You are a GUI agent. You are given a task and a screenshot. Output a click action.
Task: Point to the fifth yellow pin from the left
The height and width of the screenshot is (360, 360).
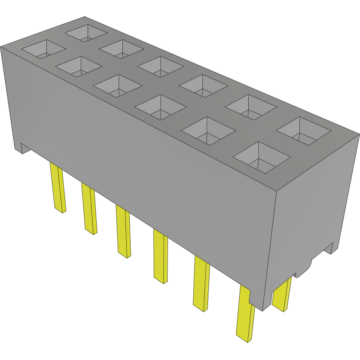(x=201, y=284)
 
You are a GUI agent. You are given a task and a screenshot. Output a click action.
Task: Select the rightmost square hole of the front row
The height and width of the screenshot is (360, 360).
(x=261, y=157)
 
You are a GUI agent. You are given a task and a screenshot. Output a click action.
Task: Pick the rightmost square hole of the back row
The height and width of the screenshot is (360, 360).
(x=304, y=131)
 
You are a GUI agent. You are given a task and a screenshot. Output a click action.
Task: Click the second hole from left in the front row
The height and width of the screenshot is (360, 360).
(x=79, y=67)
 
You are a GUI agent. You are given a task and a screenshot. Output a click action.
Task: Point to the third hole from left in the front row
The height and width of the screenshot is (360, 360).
(x=117, y=85)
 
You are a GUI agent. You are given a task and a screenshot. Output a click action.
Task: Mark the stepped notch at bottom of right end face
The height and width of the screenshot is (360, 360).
(x=328, y=248)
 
